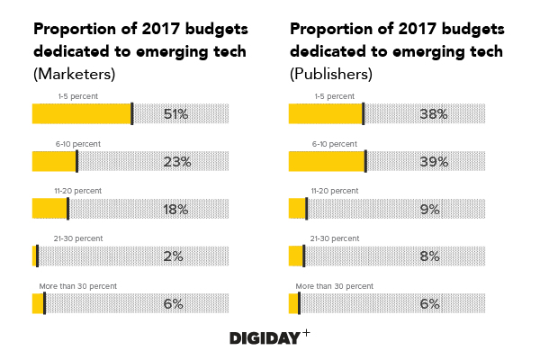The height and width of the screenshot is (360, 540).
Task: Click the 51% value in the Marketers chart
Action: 175,113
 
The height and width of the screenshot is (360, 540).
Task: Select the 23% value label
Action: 177,162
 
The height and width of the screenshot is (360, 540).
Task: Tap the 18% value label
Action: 175,209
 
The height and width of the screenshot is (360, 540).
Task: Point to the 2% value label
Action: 174,256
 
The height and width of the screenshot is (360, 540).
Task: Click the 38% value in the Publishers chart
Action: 433,113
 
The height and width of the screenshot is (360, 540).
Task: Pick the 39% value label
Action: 434,162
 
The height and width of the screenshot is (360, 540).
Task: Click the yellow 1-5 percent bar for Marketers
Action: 82,113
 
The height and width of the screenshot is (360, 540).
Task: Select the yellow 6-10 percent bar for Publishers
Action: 327,161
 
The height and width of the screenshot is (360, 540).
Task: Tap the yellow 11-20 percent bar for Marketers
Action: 49,209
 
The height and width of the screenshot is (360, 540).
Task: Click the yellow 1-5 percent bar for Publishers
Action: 325,113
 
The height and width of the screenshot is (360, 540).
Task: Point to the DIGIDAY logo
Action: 269,337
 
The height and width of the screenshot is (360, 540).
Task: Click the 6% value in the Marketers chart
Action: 174,304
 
